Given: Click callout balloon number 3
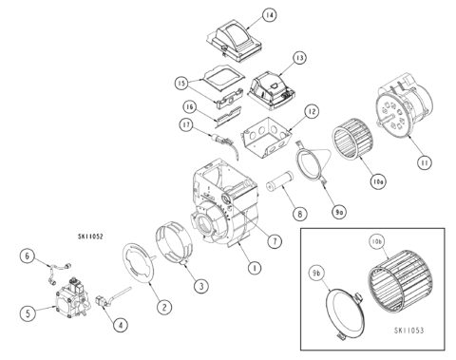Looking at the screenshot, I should coord(200,285).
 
